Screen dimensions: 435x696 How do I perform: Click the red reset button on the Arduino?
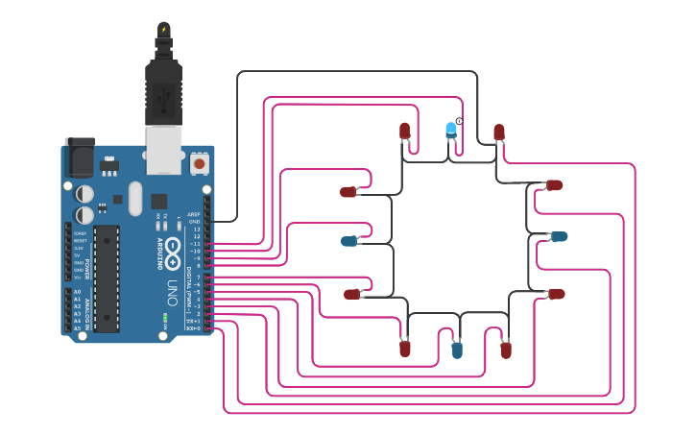tap(199, 164)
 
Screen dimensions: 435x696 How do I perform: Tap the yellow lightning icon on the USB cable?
tap(164, 29)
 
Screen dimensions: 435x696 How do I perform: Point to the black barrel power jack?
tap(80, 156)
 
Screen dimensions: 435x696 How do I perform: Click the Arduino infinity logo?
tap(173, 252)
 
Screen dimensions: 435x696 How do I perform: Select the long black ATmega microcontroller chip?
tap(107, 278)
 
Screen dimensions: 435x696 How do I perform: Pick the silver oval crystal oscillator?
tap(134, 198)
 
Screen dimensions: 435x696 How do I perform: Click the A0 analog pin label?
tap(77, 291)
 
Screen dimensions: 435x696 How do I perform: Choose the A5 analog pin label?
tap(77, 328)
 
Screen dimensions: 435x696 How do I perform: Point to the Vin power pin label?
tap(79, 277)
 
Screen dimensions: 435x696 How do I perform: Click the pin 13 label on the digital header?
tap(197, 230)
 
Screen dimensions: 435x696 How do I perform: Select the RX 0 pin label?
tap(194, 329)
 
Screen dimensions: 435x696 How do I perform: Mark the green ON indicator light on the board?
tap(165, 317)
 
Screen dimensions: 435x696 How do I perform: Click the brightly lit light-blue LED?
tap(451, 130)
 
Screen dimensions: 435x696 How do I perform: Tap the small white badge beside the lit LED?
tap(460, 121)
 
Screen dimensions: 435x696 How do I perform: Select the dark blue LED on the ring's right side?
tap(558, 236)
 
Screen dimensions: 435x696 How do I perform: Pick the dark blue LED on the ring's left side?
tap(349, 241)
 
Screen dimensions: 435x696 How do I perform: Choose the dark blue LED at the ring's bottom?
tap(457, 350)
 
